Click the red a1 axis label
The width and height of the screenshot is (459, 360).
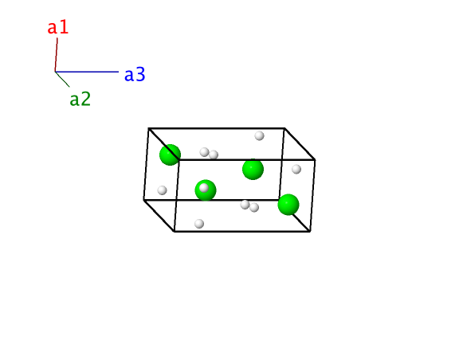coord(58,28)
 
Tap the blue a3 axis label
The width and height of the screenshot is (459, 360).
coord(135,74)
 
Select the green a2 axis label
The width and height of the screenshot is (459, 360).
coord(80,100)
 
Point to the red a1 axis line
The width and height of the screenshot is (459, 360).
coord(57,55)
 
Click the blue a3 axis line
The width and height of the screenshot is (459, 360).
coord(87,72)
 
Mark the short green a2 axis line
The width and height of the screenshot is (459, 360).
coord(62,80)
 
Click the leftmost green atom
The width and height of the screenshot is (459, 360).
coord(170,155)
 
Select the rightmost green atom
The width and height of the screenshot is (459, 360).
coord(288,205)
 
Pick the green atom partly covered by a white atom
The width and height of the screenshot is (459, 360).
coord(206,190)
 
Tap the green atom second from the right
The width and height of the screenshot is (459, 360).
coord(253,169)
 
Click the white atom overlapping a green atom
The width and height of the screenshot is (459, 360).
coord(204,188)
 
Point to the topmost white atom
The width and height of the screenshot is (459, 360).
coord(259,136)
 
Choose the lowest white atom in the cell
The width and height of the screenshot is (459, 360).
coord(199,224)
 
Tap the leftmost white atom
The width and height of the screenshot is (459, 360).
coord(163,190)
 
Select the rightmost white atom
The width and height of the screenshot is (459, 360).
coord(296,169)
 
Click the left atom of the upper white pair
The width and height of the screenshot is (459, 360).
coord(204,152)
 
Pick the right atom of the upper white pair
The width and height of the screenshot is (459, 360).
coord(214,155)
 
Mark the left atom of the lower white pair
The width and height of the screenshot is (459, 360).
coord(245,205)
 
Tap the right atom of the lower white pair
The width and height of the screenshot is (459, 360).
coord(254,208)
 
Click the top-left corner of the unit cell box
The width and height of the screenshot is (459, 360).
coord(149,128)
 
